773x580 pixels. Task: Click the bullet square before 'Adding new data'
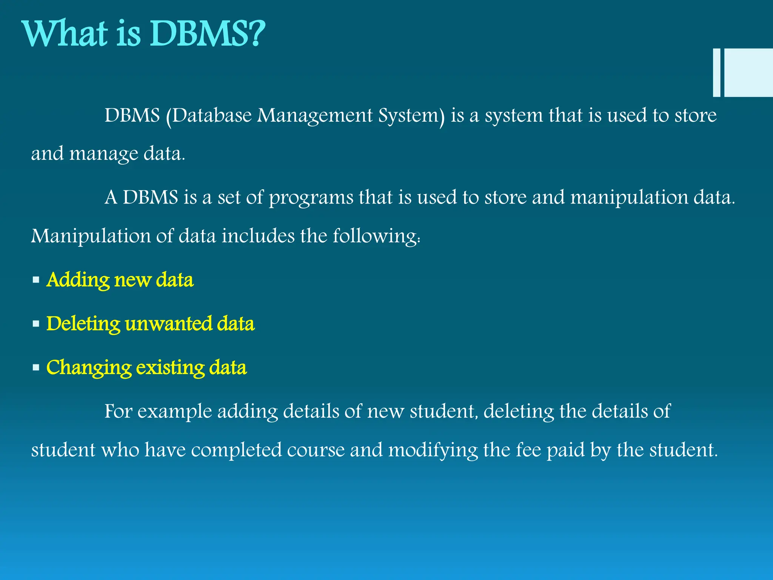pyautogui.click(x=36, y=280)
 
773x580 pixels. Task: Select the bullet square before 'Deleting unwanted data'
pyautogui.click(x=36, y=324)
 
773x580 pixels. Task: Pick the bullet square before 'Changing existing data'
pyautogui.click(x=36, y=367)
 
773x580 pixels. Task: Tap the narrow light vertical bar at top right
pyautogui.click(x=716, y=72)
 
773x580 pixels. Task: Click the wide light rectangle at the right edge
pyautogui.click(x=748, y=72)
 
